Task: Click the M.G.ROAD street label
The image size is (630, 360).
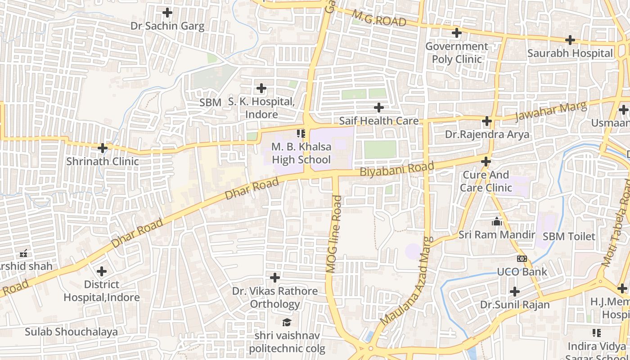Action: coord(379,18)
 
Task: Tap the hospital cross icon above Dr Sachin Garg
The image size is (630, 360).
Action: coord(167,13)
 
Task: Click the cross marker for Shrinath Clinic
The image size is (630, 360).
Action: coord(103,148)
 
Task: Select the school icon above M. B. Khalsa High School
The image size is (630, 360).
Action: coord(301,133)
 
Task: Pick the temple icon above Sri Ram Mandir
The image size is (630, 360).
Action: coord(497,221)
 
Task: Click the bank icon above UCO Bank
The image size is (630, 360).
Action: coord(522,258)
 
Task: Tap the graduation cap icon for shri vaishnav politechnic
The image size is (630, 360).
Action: coord(287,322)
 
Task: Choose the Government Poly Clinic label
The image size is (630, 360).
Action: coord(457,53)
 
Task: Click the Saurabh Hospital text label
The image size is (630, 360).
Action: coord(570,53)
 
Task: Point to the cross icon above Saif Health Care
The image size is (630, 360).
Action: coord(379,108)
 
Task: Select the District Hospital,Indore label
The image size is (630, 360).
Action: coord(102,291)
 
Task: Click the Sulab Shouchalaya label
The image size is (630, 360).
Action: coord(71,332)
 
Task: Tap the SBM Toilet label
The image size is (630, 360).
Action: coord(569,236)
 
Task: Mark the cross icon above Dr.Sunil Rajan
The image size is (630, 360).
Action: coord(515,292)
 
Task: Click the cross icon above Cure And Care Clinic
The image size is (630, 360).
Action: coord(486,161)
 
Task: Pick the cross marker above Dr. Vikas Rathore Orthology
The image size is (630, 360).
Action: coord(275,277)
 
